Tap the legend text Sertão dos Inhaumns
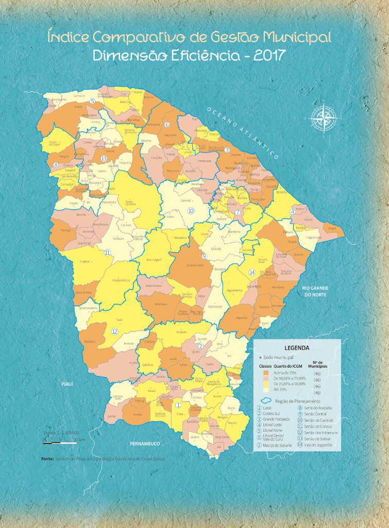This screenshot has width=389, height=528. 318,432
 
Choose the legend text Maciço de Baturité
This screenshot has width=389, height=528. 278,444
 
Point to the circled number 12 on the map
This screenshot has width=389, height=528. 114,332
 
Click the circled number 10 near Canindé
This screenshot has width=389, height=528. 191,210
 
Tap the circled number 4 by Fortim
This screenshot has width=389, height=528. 293,211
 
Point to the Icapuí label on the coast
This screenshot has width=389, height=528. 332,227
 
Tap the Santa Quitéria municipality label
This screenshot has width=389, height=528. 130,202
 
